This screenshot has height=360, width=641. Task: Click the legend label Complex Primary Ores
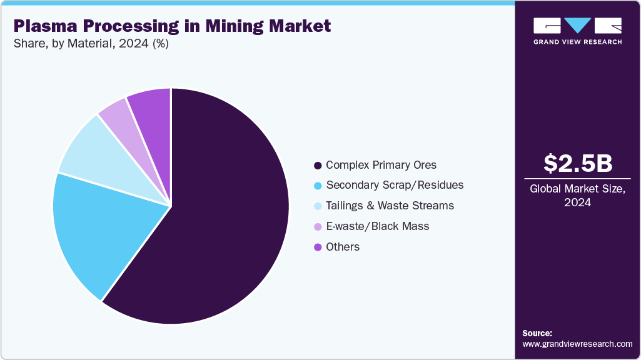(x=381, y=165)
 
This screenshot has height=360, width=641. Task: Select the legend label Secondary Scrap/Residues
(x=395, y=185)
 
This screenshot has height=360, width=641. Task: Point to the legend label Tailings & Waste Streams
(x=390, y=206)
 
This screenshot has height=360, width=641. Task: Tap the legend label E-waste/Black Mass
(x=377, y=226)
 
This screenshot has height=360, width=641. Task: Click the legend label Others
(x=343, y=247)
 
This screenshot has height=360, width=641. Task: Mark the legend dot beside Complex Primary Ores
(x=318, y=166)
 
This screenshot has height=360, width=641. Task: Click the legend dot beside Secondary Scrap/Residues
(x=318, y=186)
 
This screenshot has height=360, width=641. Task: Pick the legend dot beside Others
(x=318, y=247)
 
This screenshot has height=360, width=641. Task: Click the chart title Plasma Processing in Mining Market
(x=172, y=26)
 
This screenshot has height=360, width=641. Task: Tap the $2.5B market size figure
(x=577, y=163)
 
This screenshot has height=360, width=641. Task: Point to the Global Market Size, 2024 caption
(x=577, y=196)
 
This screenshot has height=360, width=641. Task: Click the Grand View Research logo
(x=577, y=31)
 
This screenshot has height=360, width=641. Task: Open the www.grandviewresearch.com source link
(x=577, y=344)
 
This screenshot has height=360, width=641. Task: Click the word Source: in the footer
(x=537, y=333)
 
